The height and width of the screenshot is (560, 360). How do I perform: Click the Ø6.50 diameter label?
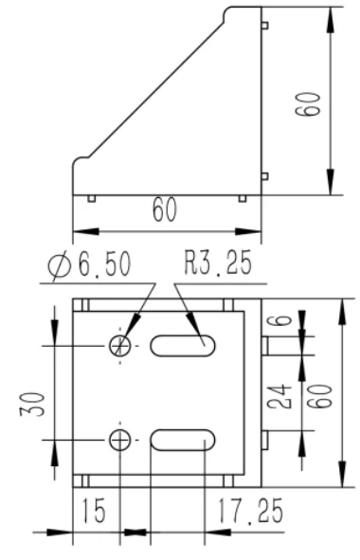(x=90, y=264)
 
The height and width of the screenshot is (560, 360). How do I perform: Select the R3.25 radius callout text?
(x=218, y=262)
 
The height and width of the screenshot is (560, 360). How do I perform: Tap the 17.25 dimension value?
(x=250, y=511)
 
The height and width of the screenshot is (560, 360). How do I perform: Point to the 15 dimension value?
(x=94, y=511)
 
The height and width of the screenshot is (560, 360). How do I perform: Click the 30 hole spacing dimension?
(x=33, y=405)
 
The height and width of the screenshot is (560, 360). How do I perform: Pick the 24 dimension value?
(x=279, y=396)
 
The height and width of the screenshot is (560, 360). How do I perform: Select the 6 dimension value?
(x=284, y=317)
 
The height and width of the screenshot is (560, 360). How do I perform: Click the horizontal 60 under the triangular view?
(x=165, y=209)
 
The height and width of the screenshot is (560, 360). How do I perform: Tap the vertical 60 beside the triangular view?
(x=308, y=104)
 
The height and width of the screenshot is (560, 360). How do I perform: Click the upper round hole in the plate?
(x=120, y=346)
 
